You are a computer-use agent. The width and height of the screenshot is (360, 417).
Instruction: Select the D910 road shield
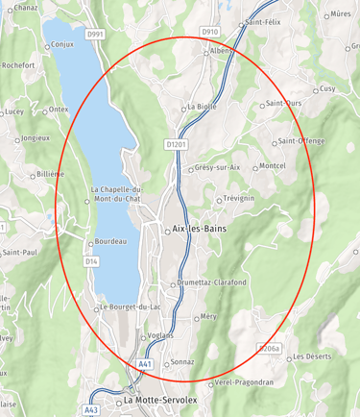[210, 32]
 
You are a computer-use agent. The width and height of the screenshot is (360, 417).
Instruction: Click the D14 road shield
[91, 260]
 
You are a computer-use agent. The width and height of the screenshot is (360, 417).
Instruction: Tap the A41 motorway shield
[145, 364]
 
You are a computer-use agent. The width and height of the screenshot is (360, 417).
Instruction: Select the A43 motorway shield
[91, 410]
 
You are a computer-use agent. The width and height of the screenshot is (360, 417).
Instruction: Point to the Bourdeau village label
[110, 242]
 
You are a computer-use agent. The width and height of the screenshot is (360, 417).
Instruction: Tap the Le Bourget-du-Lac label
[132, 307]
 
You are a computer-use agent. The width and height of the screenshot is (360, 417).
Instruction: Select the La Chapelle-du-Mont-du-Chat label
[116, 195]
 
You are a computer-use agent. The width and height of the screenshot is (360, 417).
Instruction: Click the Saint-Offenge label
[302, 142]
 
